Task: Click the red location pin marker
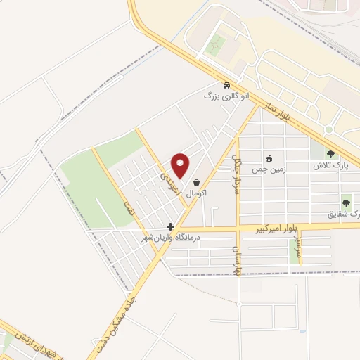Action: [181, 165]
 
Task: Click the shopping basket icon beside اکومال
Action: [196, 181]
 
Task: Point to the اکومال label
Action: [195, 191]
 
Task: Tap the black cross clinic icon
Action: [170, 226]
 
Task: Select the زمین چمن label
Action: [266, 169]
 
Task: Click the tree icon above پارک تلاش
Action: [331, 155]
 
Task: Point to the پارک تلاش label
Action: [330, 166]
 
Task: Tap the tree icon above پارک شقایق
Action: [345, 202]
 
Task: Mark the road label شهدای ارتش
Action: [20, 342]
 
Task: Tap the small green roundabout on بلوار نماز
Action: [328, 130]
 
